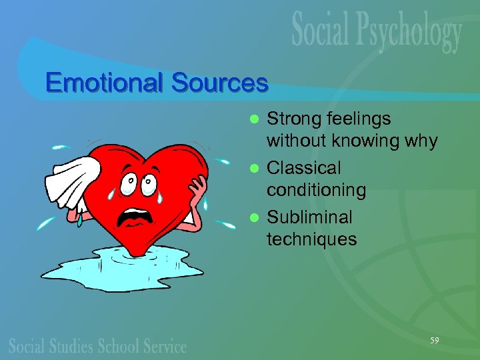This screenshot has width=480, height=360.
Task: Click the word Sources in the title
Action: click(219, 83)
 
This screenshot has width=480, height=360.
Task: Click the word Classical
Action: click(304, 169)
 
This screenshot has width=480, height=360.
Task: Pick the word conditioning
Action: click(316, 191)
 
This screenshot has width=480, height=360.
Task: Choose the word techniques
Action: click(311, 239)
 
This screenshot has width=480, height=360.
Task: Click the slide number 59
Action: click(435, 341)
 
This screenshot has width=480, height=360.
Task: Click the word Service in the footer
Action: click(165, 346)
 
